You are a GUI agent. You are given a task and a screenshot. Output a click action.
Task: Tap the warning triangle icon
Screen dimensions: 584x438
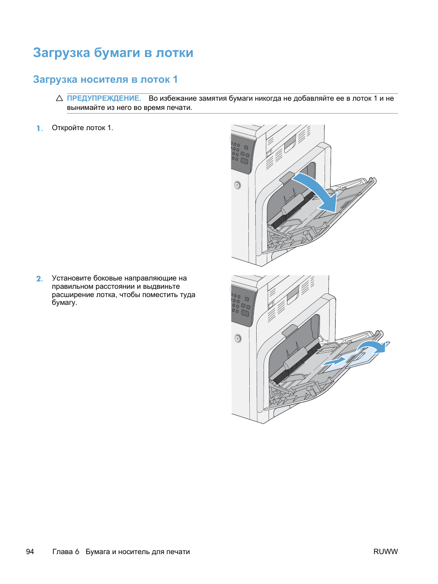click(59, 98)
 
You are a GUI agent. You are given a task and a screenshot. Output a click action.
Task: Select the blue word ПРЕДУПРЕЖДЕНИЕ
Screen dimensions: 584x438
click(104, 98)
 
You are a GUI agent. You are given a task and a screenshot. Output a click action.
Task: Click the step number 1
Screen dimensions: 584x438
click(39, 128)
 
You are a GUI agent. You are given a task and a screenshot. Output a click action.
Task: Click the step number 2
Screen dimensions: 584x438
click(39, 279)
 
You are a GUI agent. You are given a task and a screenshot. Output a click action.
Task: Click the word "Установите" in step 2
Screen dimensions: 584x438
click(72, 278)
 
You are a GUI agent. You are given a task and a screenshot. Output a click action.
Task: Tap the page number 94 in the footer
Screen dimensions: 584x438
click(30, 552)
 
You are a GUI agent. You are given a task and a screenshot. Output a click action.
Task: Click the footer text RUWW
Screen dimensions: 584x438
click(385, 552)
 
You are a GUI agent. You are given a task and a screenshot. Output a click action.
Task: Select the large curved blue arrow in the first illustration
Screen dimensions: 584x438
click(317, 191)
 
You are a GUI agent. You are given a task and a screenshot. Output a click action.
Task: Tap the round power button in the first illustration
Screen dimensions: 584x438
click(237, 185)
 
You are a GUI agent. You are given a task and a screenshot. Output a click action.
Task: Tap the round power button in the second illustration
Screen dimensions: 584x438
click(238, 338)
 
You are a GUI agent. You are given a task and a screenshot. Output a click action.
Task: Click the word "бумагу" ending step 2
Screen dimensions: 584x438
click(64, 303)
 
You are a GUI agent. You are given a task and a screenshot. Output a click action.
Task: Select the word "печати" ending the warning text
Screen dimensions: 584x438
click(181, 108)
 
